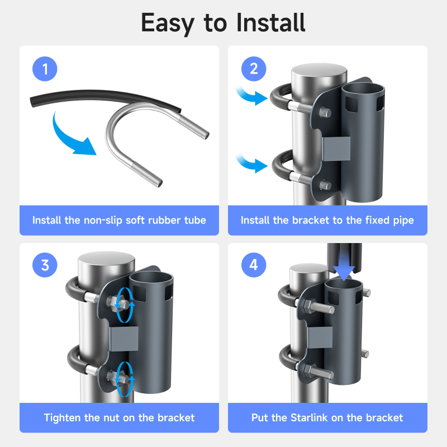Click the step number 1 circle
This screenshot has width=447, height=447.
coord(45,69)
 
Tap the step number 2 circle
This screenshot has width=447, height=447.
coord(254,69)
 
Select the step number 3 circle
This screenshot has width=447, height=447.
coord(45,265)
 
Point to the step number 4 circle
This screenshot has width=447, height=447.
coord(254,265)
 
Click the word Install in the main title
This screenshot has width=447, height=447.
coord(271,22)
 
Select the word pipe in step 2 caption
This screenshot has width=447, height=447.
coord(403,221)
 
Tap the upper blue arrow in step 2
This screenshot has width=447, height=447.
coord(252,96)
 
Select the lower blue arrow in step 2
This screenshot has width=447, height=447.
coord(252,163)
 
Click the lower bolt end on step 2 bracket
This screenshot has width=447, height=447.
coord(325,185)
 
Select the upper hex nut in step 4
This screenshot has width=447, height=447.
coord(308,306)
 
